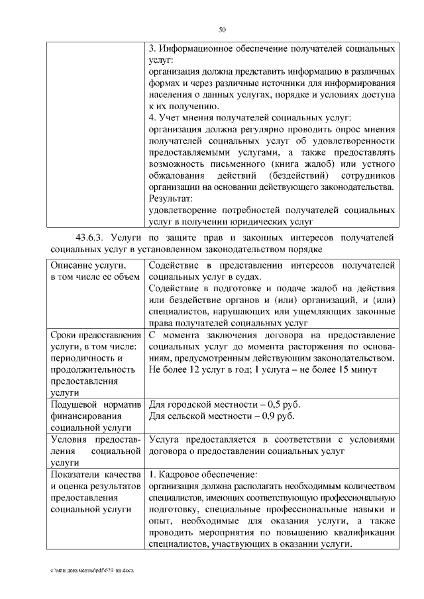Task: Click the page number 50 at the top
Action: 223,29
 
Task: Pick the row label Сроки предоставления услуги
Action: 91,335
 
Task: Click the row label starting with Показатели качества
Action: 95,475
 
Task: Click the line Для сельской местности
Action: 221,416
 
